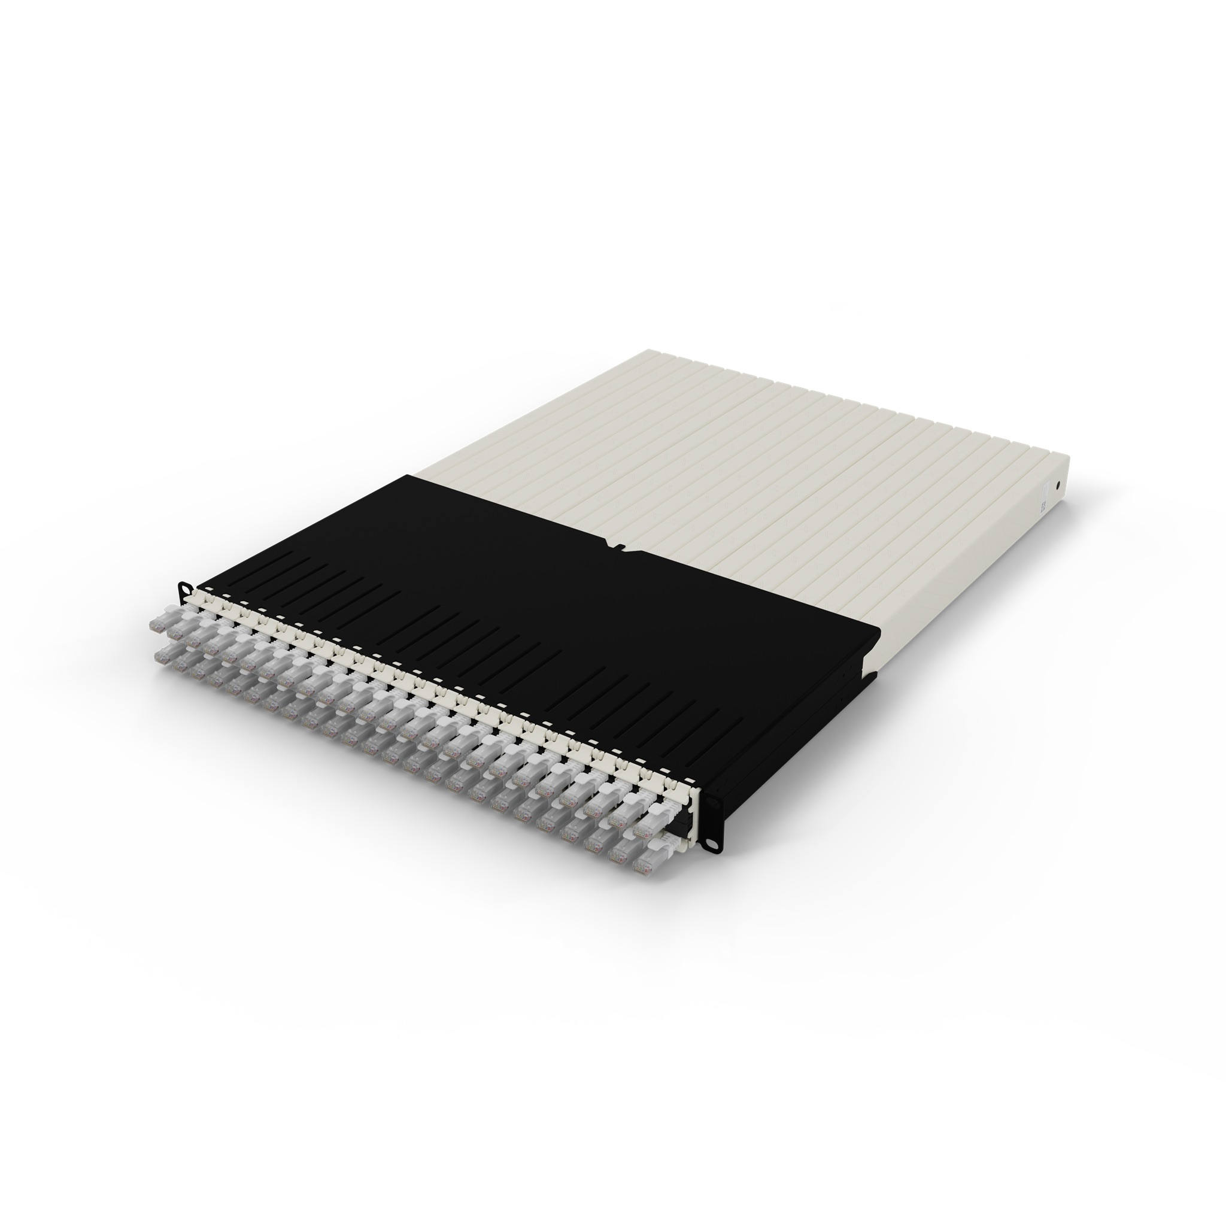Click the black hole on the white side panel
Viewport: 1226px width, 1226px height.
pyautogui.click(x=1057, y=485)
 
